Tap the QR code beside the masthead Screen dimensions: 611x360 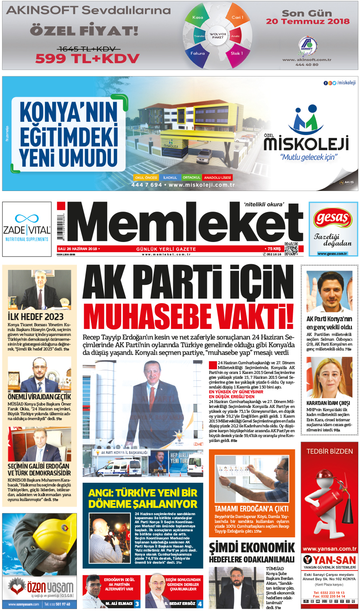pos(291,248)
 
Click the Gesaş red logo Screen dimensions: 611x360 pos(333,219)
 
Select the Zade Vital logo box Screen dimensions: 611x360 pos(27,229)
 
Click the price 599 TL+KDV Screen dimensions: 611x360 pos(87,59)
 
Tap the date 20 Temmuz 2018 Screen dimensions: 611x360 pos(307,21)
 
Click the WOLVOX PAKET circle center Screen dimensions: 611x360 pos(217,35)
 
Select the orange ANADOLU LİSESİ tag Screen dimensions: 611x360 pos(217,178)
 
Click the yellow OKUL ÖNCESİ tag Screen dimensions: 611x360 pos(146,178)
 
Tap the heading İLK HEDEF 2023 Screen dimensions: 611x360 pos(36,317)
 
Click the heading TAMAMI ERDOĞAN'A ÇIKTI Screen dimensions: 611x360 pos(251,509)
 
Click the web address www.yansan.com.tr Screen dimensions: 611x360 pos(329,549)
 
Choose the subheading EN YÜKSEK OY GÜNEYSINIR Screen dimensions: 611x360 pos(236,392)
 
